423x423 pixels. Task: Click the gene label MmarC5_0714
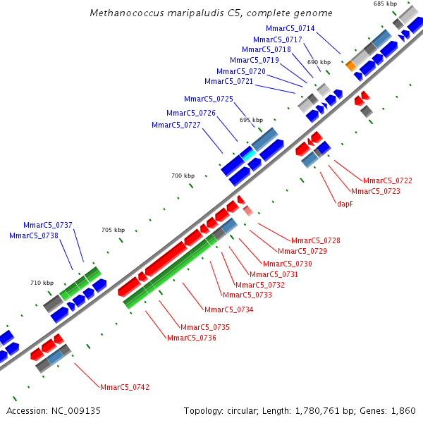tap(290, 28)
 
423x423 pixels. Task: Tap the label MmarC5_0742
tap(125, 387)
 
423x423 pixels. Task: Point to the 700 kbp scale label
tap(183, 176)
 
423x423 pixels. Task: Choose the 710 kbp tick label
tap(42, 283)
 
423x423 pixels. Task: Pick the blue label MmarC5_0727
tap(176, 125)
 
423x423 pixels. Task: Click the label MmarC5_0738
tap(34, 235)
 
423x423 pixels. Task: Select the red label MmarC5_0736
tap(192, 338)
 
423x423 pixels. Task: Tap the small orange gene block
tap(350, 66)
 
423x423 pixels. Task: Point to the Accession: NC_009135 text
tap(54, 410)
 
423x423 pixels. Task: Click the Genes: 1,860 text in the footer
tap(396, 410)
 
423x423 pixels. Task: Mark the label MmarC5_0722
tap(388, 180)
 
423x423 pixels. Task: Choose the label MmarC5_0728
tap(316, 240)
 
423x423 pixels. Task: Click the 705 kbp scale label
tap(113, 230)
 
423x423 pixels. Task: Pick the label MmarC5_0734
tap(228, 309)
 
